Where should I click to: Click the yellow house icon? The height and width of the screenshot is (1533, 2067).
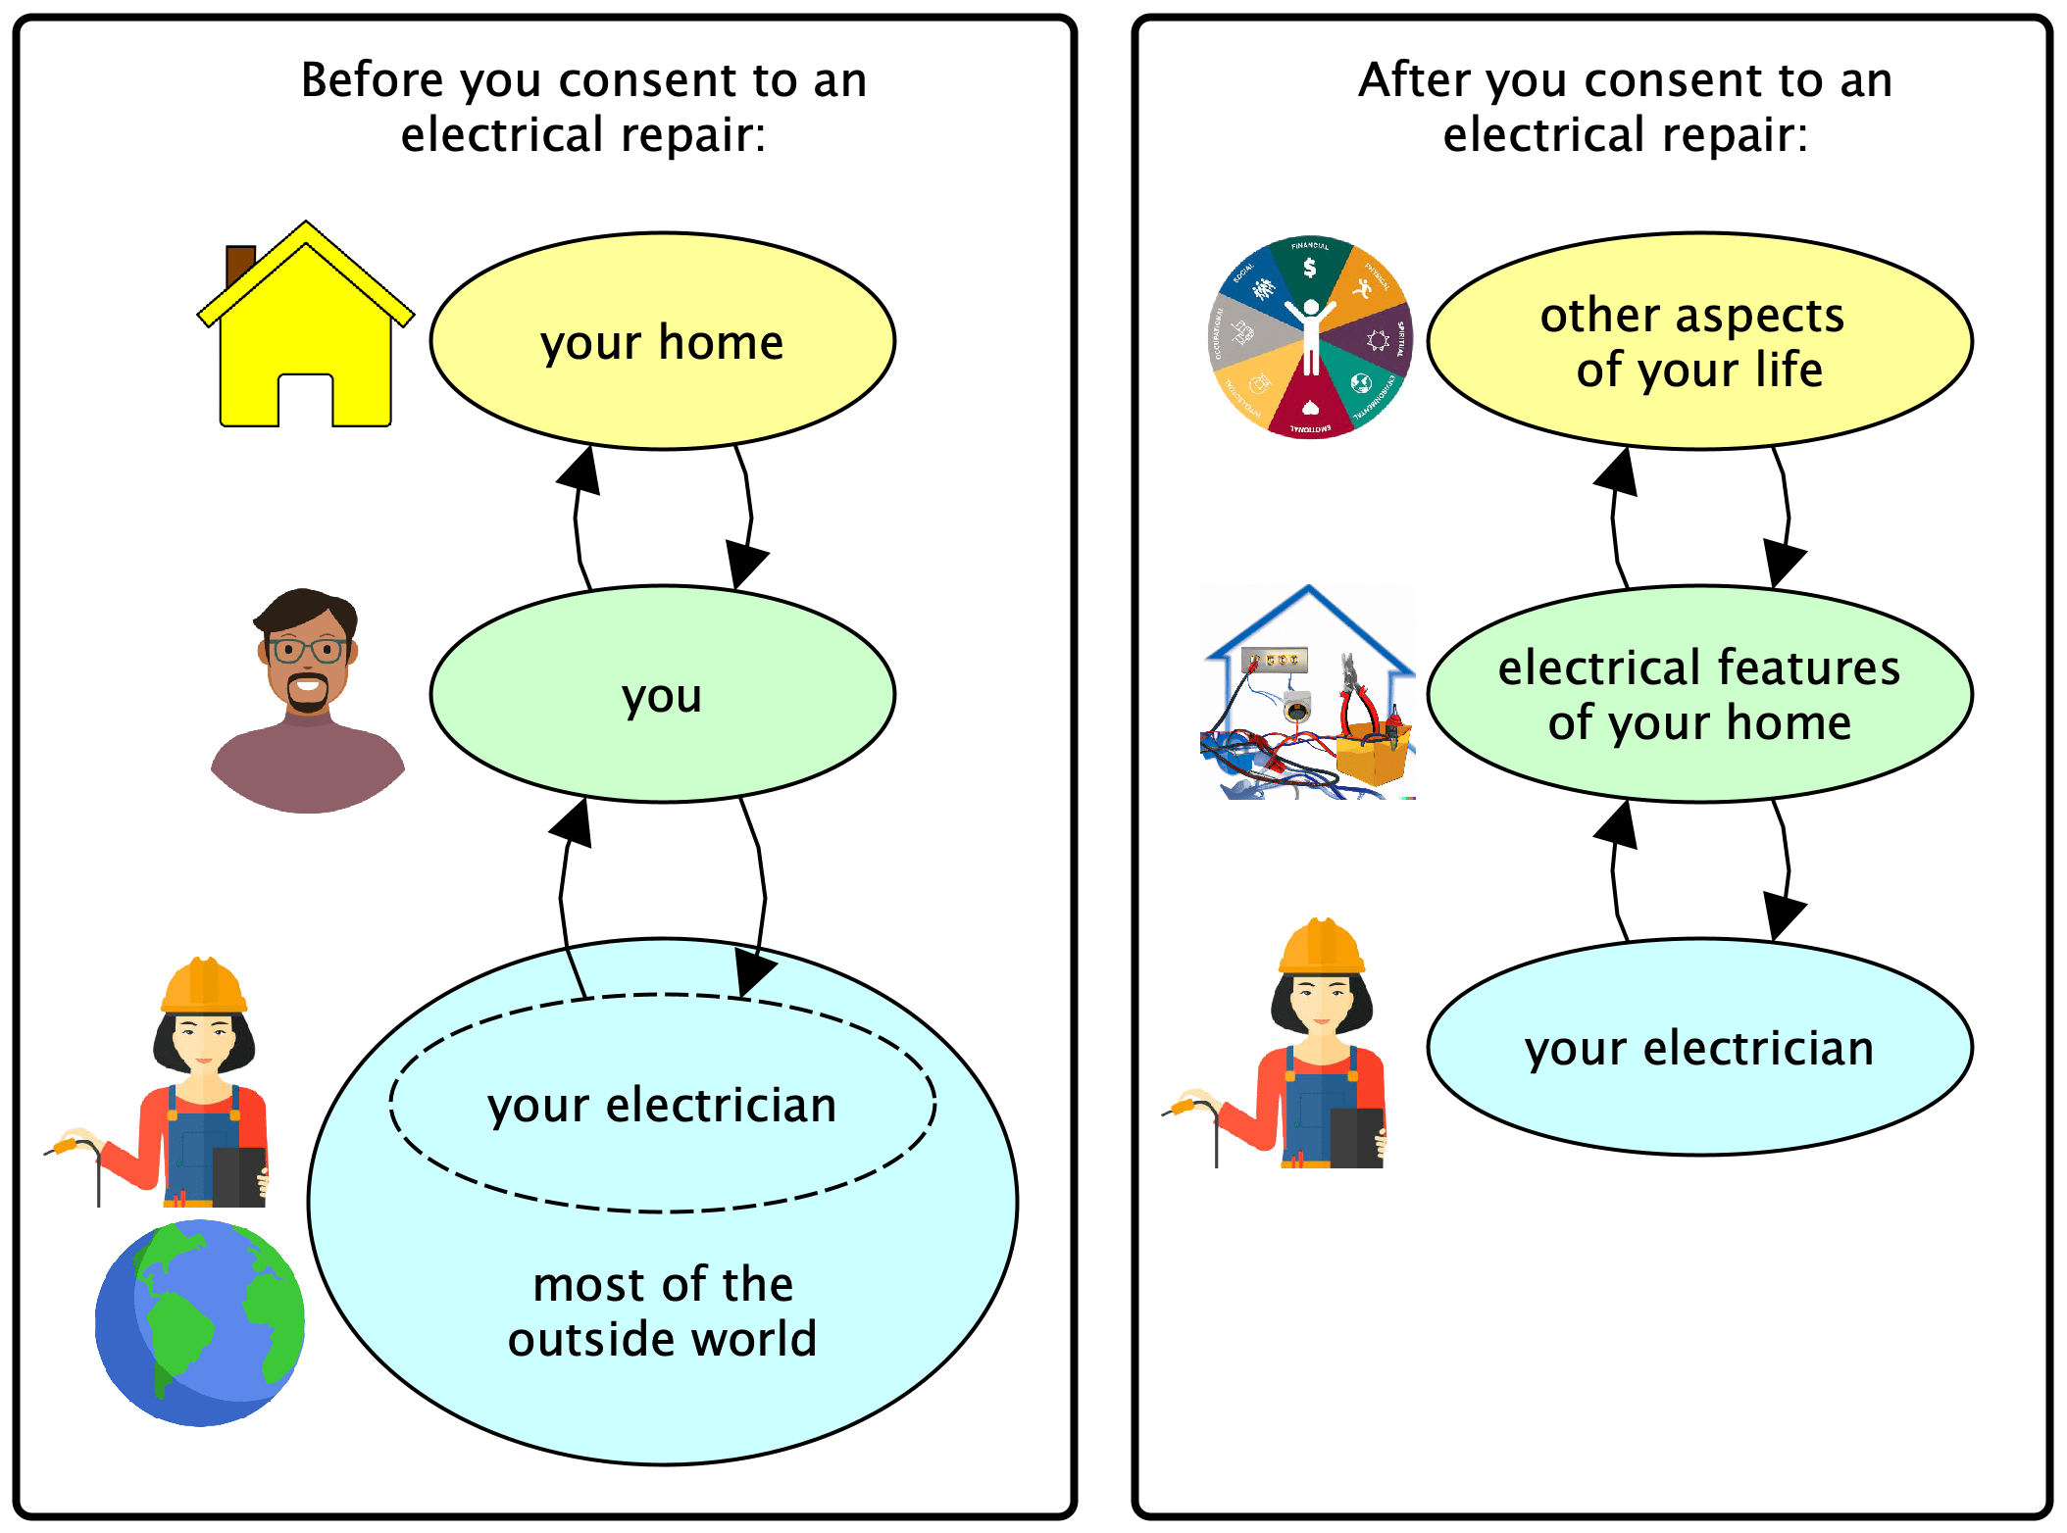(305, 333)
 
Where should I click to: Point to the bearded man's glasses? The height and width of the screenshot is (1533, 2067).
(307, 649)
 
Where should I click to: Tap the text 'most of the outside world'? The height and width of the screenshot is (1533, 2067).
(662, 1311)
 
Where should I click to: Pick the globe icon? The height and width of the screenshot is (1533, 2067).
(199, 1322)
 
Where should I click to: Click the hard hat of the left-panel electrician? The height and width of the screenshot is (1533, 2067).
(204, 985)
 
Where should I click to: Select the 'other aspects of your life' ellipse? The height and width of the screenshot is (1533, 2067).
(1699, 341)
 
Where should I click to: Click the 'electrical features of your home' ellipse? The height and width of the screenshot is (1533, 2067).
(1699, 694)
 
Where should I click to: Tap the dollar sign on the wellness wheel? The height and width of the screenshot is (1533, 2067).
(1310, 268)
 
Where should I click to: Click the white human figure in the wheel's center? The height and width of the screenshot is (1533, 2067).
(1310, 333)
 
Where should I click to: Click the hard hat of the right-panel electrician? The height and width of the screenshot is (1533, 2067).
(1322, 946)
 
